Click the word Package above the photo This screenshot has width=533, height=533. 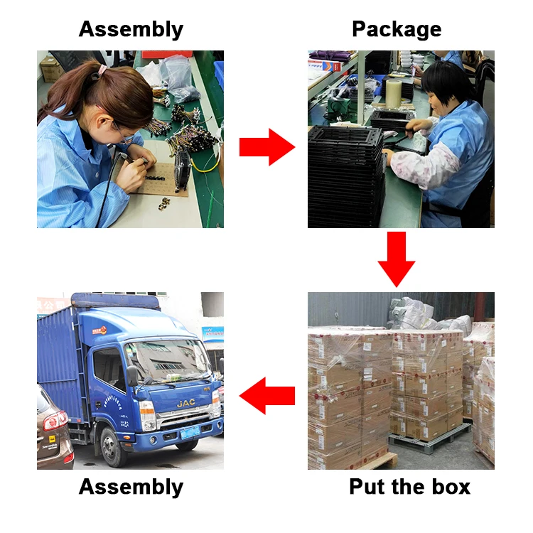tap(397, 29)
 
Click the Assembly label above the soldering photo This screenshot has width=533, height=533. tap(131, 29)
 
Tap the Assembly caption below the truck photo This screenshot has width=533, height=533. tap(131, 487)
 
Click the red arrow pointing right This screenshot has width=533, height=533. tap(266, 147)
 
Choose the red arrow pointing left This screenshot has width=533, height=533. tap(266, 396)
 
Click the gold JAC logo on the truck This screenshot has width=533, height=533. tap(187, 404)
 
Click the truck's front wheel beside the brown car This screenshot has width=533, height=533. tap(110, 448)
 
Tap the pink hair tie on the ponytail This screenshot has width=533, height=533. tap(102, 70)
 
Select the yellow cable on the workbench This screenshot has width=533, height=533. tap(207, 164)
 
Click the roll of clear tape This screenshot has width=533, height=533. tap(393, 91)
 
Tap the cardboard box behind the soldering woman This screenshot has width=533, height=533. tap(50, 69)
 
